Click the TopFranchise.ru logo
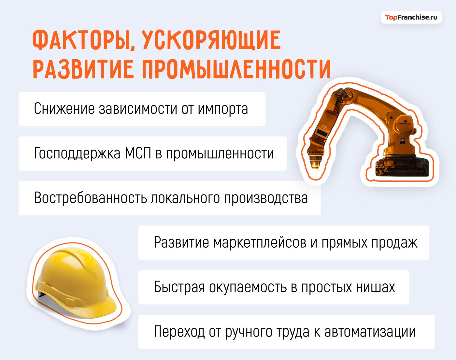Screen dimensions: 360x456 coord(411,17)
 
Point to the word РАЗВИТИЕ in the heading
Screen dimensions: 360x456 coord(83,69)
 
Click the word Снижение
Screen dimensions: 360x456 coord(64,109)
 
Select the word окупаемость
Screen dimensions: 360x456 coord(248,287)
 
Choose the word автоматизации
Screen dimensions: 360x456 coord(370,332)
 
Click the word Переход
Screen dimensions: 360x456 coord(179,332)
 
